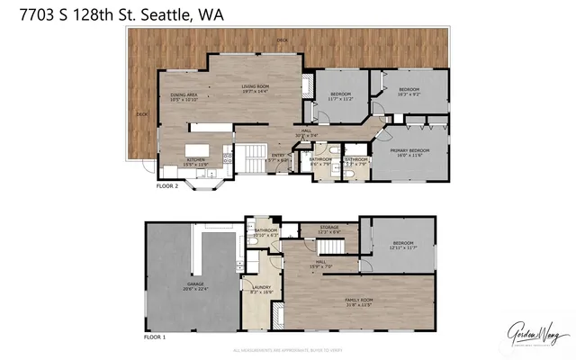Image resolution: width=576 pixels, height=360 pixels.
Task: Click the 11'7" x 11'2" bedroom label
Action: click(340, 97)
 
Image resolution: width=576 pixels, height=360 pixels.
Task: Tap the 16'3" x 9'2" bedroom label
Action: click(409, 93)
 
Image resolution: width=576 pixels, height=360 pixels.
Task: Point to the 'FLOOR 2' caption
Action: click(167, 186)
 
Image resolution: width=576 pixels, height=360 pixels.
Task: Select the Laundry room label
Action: click(261, 291)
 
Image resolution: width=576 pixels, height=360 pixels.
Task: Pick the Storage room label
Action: click(329, 231)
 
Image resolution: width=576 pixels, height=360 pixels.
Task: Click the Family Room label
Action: click(359, 301)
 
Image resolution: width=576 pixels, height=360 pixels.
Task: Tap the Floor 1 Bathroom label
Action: click(266, 233)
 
